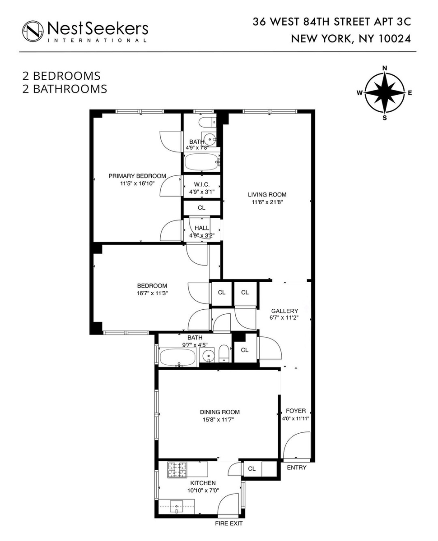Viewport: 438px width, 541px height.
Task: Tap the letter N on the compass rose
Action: click(385, 68)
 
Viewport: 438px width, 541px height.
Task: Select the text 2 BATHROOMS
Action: click(65, 89)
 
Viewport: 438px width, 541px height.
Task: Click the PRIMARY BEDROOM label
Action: click(137, 176)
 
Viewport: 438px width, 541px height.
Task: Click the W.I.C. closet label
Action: click(201, 184)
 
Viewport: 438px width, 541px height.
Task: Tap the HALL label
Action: click(202, 228)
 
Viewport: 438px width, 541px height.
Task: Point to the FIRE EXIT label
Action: click(228, 523)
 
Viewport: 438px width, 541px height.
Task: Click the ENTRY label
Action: click(297, 468)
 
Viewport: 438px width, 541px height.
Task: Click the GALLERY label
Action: click(284, 311)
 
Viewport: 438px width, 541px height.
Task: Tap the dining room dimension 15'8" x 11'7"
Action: click(219, 419)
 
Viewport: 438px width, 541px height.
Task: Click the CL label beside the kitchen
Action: click(252, 469)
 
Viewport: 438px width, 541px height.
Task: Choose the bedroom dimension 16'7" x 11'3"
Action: click(152, 293)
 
